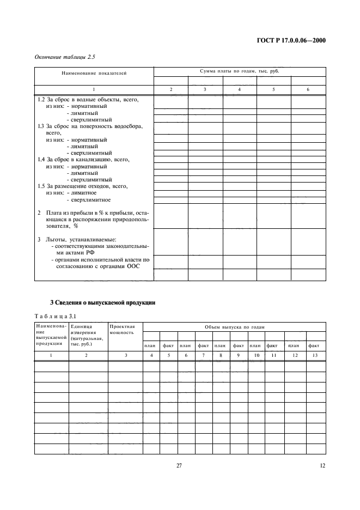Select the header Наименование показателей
click(x=94, y=74)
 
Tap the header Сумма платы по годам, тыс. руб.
click(x=240, y=71)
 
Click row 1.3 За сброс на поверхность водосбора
click(x=90, y=126)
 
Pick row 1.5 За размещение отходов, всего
click(x=82, y=186)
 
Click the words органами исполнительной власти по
click(x=100, y=260)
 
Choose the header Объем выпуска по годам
click(x=234, y=326)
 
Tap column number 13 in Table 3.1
click(x=314, y=355)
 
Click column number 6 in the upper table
click(x=308, y=89)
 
